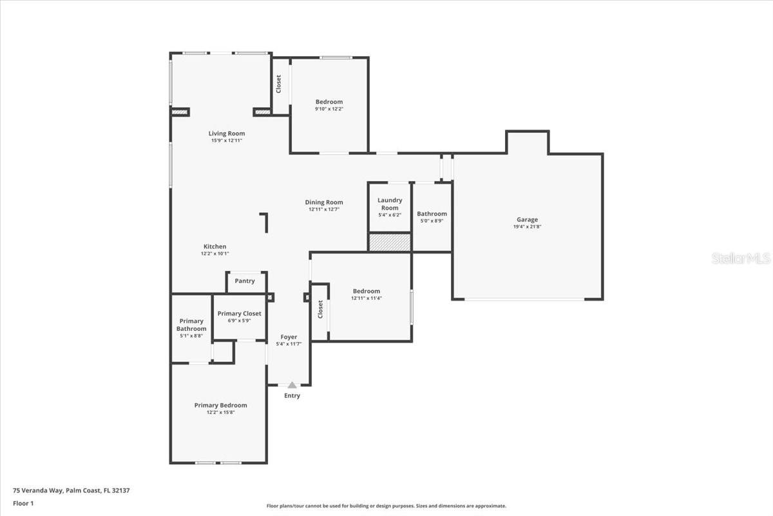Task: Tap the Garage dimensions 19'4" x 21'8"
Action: (x=527, y=226)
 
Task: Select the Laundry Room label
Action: (x=390, y=204)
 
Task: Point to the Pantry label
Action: (x=245, y=281)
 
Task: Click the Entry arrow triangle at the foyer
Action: (x=292, y=385)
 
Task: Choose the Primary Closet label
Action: (x=239, y=313)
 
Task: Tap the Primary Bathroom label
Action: (x=191, y=325)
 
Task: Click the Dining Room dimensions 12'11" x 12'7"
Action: (x=324, y=209)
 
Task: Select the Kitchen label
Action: (x=215, y=246)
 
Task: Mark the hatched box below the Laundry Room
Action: (x=390, y=243)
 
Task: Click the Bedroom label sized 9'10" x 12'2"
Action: (x=329, y=102)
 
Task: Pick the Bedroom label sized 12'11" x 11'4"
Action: (x=366, y=291)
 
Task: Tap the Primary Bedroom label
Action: (x=220, y=405)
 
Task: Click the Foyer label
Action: (x=289, y=337)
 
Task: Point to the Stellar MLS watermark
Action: (x=741, y=258)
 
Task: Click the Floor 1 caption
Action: (x=23, y=503)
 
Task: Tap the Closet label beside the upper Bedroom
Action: (x=279, y=84)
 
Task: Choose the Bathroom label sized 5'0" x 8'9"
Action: (x=432, y=213)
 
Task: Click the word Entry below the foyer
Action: (x=292, y=395)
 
